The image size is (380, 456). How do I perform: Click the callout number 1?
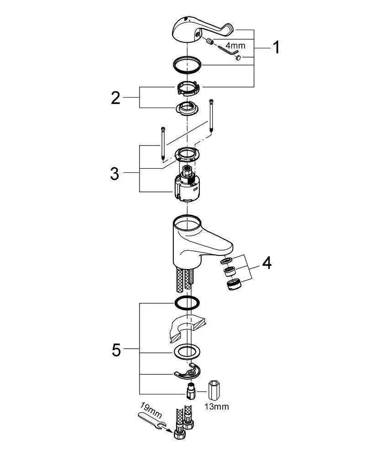(x=275, y=47)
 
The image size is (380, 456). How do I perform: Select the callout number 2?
(x=116, y=97)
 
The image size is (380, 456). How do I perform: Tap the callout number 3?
(x=115, y=173)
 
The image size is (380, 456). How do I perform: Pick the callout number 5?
(x=116, y=350)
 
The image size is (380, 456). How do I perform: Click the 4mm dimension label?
(x=236, y=46)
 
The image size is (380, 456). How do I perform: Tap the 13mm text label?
(x=216, y=406)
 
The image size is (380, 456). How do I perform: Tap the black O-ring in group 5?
(x=187, y=302)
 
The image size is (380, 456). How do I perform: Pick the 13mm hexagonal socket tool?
(x=215, y=389)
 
